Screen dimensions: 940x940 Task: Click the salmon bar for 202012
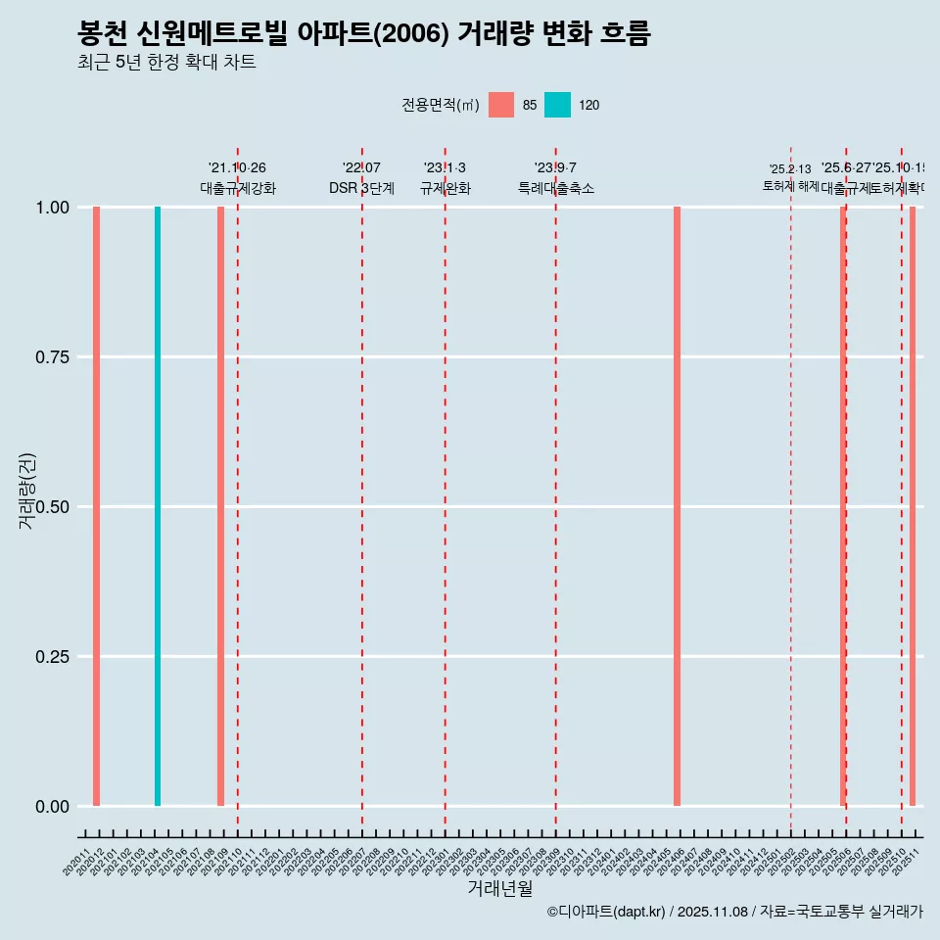pos(96,506)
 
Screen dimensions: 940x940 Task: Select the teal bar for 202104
pos(158,506)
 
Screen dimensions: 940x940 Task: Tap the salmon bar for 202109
pos(220,506)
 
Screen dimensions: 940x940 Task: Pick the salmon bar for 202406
pos(677,506)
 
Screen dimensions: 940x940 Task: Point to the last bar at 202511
pos(913,506)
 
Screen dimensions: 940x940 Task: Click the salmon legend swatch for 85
pos(501,105)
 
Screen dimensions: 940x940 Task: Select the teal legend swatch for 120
pos(557,105)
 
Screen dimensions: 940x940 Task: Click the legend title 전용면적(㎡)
pos(440,105)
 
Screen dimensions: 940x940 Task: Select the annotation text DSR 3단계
pos(361,188)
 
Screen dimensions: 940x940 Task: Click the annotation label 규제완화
pos(446,188)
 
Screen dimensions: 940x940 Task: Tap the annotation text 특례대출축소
pos(556,188)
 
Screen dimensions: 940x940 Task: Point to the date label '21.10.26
pos(237,168)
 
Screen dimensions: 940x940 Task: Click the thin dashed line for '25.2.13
pos(790,490)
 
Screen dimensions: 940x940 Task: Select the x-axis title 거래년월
pos(499,888)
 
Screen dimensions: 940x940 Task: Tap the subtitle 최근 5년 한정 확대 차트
pos(166,63)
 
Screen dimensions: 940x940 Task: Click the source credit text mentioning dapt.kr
pos(734,912)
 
